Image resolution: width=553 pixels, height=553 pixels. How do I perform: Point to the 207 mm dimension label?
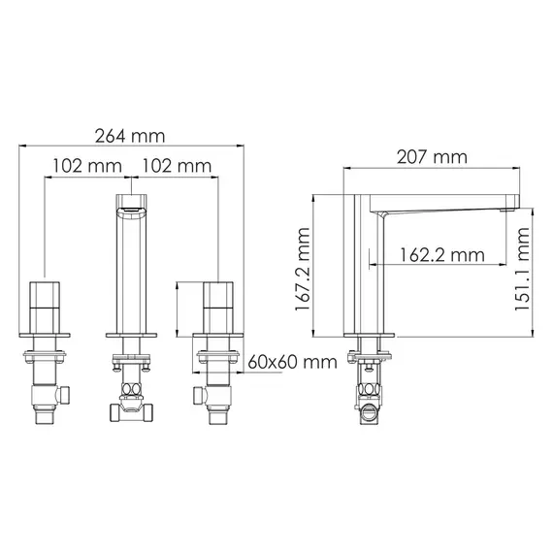click(432, 156)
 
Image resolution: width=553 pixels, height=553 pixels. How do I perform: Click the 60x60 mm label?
click(288, 362)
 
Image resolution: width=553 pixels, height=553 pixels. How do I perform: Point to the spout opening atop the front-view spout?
click(131, 207)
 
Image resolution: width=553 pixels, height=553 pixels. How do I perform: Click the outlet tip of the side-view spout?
click(505, 207)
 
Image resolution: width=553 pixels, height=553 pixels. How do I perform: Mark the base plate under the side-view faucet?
click(370, 336)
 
